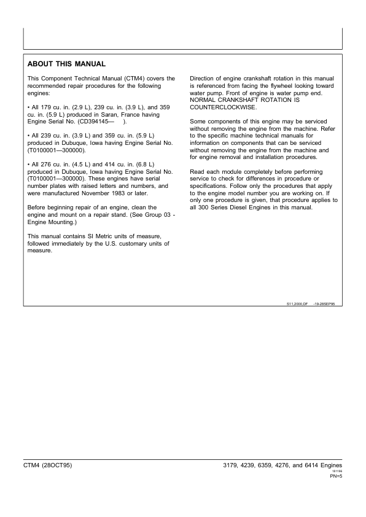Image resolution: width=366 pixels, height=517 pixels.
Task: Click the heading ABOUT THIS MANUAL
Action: pos(67,64)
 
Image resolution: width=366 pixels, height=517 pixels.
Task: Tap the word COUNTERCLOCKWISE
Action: pos(223,107)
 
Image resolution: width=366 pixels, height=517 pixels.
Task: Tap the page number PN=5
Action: pos(336,476)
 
